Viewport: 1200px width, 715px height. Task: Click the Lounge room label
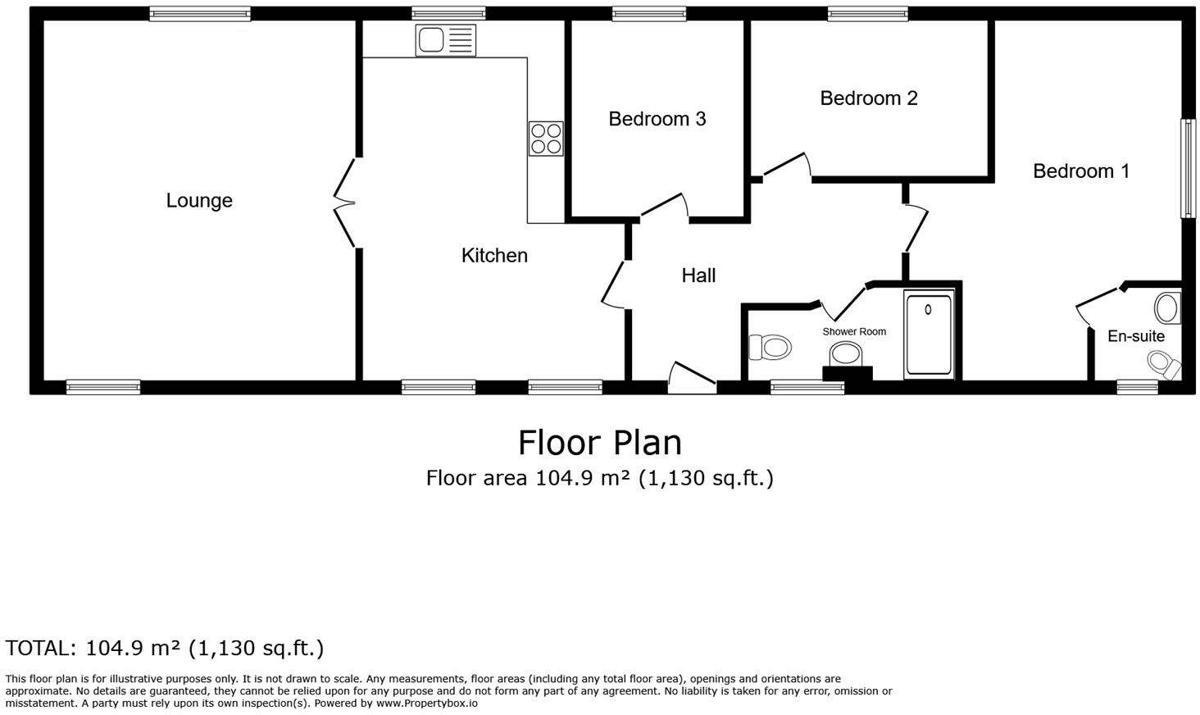point(199,201)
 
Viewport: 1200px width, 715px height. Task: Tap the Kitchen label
point(494,256)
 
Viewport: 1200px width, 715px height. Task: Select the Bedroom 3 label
point(657,119)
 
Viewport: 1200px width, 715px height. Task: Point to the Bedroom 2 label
point(868,98)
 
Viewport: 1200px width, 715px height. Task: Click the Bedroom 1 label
point(1080,171)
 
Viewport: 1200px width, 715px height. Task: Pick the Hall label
point(698,276)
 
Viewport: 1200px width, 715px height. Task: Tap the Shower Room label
point(854,332)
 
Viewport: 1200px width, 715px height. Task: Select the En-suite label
point(1135,336)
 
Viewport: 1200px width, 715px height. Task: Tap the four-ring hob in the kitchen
point(546,138)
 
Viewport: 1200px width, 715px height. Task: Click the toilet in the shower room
point(770,347)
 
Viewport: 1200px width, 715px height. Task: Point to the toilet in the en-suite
point(1161,362)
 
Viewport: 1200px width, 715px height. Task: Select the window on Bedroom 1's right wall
point(1187,168)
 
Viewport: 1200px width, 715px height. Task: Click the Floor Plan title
point(599,443)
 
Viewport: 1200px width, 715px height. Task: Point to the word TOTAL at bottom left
point(40,649)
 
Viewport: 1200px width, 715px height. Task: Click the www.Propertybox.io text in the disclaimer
point(426,704)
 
